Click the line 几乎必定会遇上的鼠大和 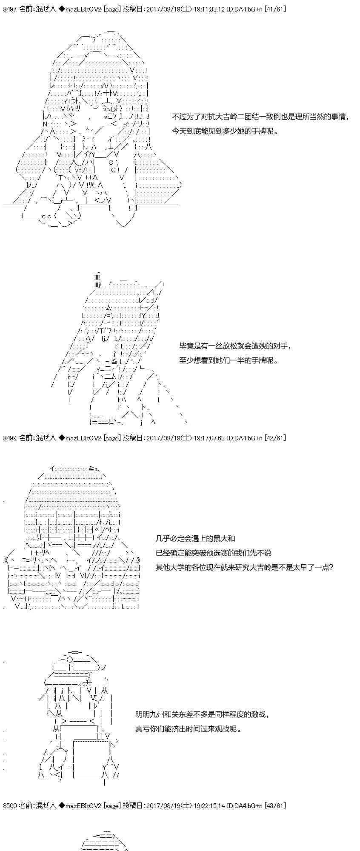pos(195,539)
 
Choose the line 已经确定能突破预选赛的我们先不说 pos(213,553)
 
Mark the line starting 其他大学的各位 pos(244,567)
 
